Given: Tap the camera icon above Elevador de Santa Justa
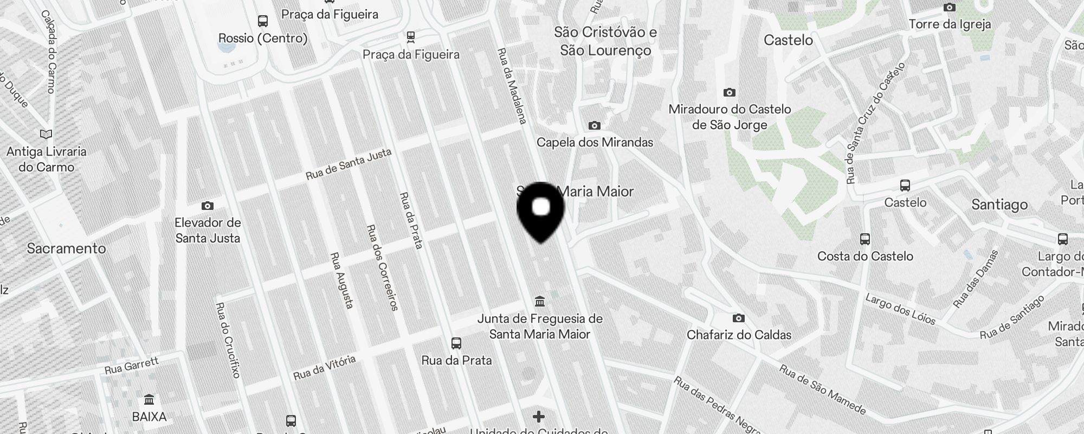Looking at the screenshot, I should click(x=207, y=206).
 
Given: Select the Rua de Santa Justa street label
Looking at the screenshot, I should click(x=349, y=164).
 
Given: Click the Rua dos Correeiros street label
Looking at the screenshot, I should click(x=382, y=268).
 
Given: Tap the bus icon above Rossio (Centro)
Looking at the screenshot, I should click(x=263, y=21).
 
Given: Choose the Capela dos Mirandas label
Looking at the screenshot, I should click(x=595, y=142).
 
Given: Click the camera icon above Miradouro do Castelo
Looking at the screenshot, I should click(x=730, y=93).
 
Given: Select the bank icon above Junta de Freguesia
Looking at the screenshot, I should click(x=539, y=302).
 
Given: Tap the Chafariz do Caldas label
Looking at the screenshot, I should click(x=739, y=335).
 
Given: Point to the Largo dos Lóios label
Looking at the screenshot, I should click(x=900, y=309).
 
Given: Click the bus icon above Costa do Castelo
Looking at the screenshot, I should click(x=865, y=239).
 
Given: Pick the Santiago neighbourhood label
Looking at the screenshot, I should click(x=999, y=205).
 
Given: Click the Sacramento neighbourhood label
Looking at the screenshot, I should click(x=66, y=248).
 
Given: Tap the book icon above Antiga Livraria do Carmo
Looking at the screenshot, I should click(x=46, y=134).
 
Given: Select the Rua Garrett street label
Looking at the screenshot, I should click(x=132, y=365).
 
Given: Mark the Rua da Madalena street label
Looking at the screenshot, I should click(x=512, y=86).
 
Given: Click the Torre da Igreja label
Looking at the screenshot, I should click(x=950, y=24).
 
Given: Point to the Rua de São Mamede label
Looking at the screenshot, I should click(x=822, y=388).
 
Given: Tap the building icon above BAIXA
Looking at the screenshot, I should click(x=149, y=400).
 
